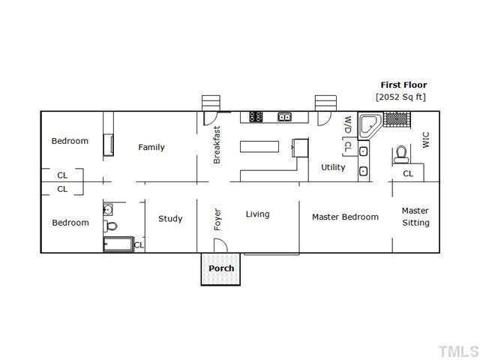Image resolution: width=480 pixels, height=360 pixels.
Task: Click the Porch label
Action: [x=221, y=268]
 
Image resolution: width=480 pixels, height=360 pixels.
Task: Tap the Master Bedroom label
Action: [x=345, y=217]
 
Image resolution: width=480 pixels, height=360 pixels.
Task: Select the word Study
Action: [x=170, y=219]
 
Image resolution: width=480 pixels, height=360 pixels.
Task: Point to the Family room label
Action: [x=151, y=148]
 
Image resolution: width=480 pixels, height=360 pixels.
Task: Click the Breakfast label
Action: [x=217, y=145]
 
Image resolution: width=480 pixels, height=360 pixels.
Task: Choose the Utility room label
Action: [x=333, y=167]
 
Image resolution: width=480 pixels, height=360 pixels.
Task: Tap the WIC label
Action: [x=425, y=140]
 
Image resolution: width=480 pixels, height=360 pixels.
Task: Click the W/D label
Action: [x=347, y=125]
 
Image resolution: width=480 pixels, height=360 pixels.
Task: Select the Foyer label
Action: [x=217, y=220]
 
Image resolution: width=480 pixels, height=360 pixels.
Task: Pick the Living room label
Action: [x=257, y=214]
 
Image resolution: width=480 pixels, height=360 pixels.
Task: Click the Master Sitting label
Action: [x=415, y=217]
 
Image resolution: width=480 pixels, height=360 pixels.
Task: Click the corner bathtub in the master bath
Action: [x=370, y=126]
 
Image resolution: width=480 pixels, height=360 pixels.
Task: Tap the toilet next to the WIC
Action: [x=401, y=154]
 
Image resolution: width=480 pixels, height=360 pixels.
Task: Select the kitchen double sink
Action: [x=284, y=117]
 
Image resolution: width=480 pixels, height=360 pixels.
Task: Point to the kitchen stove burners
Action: [x=256, y=117]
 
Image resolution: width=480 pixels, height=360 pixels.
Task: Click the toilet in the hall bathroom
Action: [x=110, y=226]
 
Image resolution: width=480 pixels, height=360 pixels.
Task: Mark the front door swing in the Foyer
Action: [x=220, y=245]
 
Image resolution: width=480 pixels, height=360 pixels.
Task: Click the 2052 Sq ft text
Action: [x=400, y=97]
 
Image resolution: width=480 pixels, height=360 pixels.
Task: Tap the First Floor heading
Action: [x=403, y=85]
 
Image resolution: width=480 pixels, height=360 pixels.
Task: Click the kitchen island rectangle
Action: [x=259, y=147]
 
